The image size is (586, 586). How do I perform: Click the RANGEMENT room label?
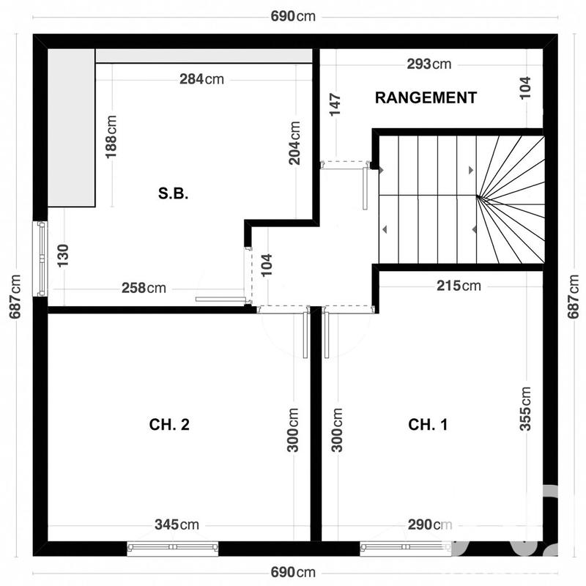(x=426, y=97)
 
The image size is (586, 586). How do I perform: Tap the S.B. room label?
(x=174, y=194)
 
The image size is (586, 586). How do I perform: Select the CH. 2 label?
(x=169, y=425)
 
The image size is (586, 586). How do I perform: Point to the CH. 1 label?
(x=428, y=425)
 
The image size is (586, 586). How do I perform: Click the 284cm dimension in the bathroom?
(x=201, y=79)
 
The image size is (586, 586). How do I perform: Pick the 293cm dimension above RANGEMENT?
(x=429, y=64)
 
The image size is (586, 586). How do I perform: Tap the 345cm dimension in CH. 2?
(x=177, y=524)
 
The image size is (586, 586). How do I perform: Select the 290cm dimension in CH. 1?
(x=429, y=524)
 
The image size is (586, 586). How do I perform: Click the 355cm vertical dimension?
(x=526, y=409)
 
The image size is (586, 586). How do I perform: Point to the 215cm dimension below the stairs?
(x=459, y=286)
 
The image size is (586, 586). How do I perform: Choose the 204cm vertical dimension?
(x=294, y=143)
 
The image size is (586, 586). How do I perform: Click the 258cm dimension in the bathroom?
(x=144, y=288)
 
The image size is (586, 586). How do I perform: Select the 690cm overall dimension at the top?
(x=293, y=16)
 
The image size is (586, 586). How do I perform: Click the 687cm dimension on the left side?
(x=15, y=297)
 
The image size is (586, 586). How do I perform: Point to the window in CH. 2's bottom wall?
(x=173, y=546)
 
